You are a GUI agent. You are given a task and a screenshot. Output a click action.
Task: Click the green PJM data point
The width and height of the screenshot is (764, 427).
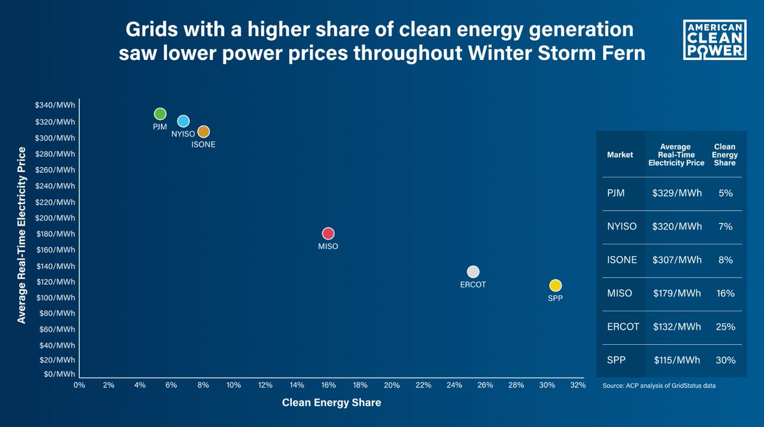160,114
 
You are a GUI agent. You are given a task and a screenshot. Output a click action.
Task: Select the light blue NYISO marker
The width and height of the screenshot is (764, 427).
183,121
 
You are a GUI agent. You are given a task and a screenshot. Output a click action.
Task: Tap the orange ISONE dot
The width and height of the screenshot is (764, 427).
203,132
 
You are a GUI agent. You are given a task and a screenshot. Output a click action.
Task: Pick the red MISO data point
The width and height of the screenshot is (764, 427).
328,234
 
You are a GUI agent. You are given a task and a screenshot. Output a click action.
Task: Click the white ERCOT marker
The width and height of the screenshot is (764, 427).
472,272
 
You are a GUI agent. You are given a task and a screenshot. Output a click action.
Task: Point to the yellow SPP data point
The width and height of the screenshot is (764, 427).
555,285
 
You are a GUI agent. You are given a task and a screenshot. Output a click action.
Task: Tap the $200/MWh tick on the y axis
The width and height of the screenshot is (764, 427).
55,218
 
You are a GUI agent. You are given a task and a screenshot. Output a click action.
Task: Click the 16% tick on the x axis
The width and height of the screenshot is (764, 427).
329,385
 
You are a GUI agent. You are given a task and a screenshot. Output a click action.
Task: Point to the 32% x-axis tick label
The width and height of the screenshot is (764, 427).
578,385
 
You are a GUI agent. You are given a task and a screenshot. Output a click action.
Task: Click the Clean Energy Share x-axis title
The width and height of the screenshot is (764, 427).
331,403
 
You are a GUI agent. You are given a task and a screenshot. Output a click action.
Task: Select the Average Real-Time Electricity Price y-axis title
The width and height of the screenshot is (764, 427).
22,235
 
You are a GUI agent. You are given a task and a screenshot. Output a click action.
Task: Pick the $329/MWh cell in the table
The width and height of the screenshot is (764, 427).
677,193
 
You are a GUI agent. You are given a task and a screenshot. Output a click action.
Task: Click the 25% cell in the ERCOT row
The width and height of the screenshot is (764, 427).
725,326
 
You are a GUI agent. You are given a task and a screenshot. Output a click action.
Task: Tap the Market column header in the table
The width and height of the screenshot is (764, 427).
619,154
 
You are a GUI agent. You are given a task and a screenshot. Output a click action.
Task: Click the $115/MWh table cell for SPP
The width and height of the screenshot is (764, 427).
677,359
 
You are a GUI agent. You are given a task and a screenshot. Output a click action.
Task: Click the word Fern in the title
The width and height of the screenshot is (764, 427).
623,53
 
